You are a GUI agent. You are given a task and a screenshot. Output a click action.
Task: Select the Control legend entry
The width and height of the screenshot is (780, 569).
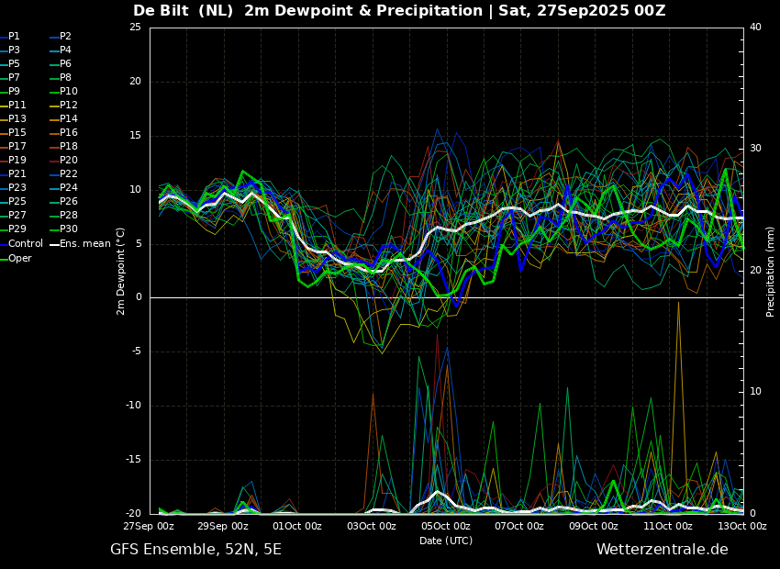[21, 244]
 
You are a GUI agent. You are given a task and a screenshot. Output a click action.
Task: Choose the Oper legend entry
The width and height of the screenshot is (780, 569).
[16, 258]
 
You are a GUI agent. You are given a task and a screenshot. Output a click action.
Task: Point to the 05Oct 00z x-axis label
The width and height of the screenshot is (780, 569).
[445, 526]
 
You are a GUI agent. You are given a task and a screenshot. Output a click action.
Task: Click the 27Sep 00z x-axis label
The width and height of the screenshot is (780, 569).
[150, 526]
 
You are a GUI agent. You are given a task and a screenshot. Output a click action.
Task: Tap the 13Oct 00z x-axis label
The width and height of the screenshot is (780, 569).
[741, 526]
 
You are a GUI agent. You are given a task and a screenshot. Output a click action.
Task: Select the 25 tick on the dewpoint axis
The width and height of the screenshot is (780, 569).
[135, 27]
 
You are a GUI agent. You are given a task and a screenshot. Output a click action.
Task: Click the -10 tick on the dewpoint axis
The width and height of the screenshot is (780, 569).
[133, 406]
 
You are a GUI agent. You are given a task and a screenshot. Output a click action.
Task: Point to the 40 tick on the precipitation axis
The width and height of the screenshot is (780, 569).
[755, 27]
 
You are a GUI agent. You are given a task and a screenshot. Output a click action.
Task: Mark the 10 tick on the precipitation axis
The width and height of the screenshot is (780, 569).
[755, 392]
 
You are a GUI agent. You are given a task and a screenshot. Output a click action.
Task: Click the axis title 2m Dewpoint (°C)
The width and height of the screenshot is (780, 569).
[120, 271]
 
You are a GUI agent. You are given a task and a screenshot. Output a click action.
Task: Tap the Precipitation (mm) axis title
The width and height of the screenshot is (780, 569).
[771, 271]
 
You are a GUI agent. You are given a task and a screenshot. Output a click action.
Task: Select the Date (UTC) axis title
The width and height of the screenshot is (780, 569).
[446, 541]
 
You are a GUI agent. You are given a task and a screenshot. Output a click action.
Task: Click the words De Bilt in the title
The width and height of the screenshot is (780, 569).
[161, 10]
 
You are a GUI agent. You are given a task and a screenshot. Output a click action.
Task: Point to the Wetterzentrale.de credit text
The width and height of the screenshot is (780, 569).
[663, 550]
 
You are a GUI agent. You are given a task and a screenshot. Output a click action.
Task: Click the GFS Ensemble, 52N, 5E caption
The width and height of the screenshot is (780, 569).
[195, 550]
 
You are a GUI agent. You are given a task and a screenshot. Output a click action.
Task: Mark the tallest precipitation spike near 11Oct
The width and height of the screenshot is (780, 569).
[678, 303]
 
